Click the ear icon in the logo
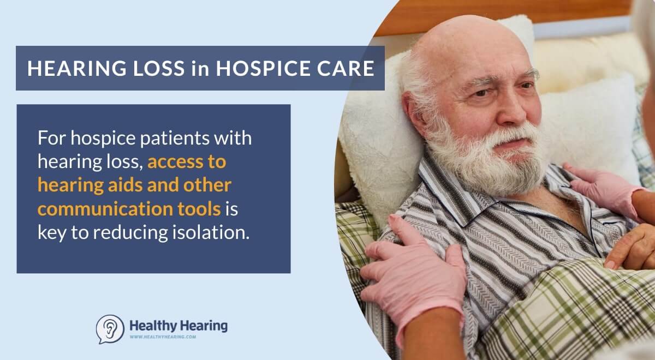pos(110,329)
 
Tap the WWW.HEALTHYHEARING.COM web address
pos(163,337)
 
